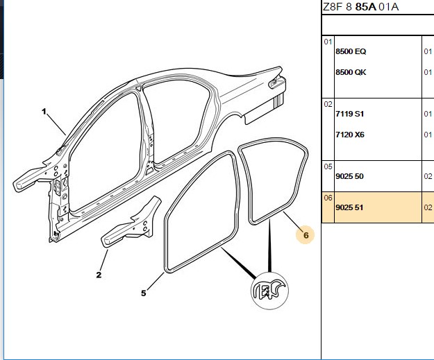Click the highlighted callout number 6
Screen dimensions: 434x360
coord(306,235)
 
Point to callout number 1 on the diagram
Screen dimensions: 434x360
coord(44,112)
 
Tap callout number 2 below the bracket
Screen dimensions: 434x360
coord(99,275)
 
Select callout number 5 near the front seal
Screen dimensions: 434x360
coord(143,293)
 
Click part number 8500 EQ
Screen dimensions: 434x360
coord(351,51)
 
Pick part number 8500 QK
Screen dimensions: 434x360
coord(351,72)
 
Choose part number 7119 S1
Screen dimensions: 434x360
coord(349,114)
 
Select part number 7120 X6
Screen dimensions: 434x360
coord(350,135)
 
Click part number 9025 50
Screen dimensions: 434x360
coord(349,176)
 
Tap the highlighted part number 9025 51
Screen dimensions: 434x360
coord(349,207)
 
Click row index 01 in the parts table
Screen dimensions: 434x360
coord(328,42)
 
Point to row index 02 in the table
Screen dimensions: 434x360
coord(328,104)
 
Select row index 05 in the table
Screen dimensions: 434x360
coord(328,166)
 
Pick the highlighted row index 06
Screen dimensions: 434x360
coord(328,198)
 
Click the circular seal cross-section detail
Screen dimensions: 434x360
coord(269,291)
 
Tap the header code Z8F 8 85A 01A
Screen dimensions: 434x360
coord(360,7)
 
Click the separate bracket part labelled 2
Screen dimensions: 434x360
coord(130,223)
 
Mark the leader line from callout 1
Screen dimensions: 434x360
coord(57,125)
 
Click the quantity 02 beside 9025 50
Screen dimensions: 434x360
coord(428,176)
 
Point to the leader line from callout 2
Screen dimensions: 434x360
coord(103,260)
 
